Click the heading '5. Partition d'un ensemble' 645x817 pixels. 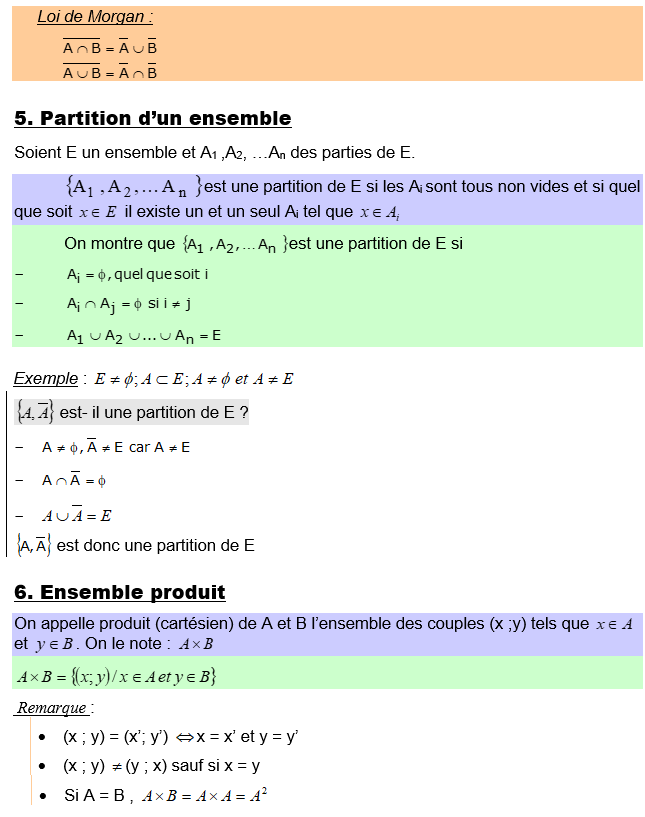coord(152,119)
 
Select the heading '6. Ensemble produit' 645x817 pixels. coord(119,592)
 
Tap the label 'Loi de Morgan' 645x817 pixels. coord(95,17)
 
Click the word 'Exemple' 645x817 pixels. coord(46,379)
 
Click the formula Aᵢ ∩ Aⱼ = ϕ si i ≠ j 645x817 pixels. coord(129,305)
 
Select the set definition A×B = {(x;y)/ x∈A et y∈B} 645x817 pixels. coord(116,677)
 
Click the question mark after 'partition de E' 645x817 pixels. coord(244,412)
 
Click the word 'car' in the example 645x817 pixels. coord(140,448)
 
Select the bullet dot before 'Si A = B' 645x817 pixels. coord(41,797)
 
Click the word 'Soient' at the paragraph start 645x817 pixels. coord(39,153)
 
